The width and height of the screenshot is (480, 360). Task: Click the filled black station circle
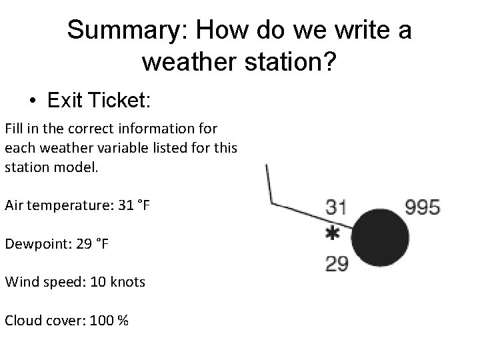[x=378, y=237]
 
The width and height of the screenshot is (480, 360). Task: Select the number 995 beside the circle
[x=422, y=207]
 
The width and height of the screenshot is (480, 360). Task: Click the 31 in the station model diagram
[x=336, y=207]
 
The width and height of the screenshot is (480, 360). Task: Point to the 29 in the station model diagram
[x=336, y=265]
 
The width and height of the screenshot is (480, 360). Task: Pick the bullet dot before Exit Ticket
[x=33, y=101]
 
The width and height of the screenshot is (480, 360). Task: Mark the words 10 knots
[x=116, y=282]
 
